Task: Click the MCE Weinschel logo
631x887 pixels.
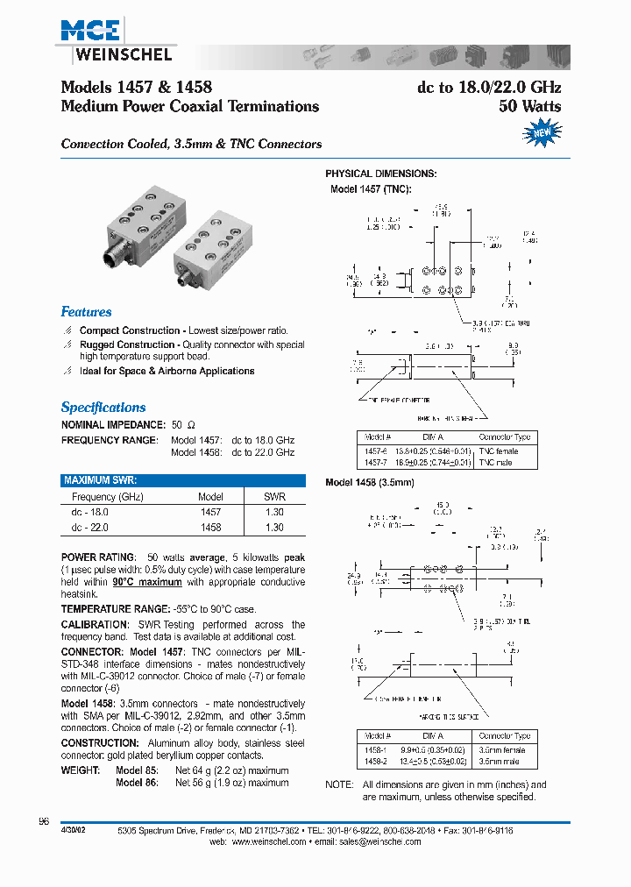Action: [x=116, y=42]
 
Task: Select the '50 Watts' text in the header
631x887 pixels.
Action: [x=529, y=106]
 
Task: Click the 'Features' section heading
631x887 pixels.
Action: [x=86, y=312]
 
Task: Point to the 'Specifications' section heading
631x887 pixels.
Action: [x=103, y=407]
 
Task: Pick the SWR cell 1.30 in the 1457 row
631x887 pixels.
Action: [x=274, y=512]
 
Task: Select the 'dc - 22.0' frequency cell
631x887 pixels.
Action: [x=90, y=528]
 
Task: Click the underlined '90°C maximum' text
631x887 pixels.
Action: [x=146, y=582]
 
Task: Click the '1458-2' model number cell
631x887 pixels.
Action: [x=374, y=763]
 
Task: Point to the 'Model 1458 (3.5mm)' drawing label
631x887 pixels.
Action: [x=369, y=483]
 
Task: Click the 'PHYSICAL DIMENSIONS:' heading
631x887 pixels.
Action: [x=380, y=174]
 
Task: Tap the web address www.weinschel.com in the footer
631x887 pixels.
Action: [x=269, y=841]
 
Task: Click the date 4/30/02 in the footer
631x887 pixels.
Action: [x=74, y=829]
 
